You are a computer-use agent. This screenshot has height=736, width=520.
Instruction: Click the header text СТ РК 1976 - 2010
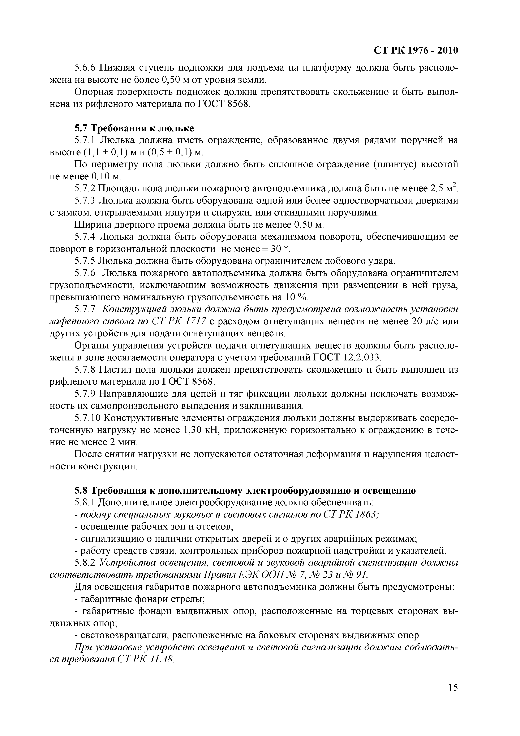tap(416, 51)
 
